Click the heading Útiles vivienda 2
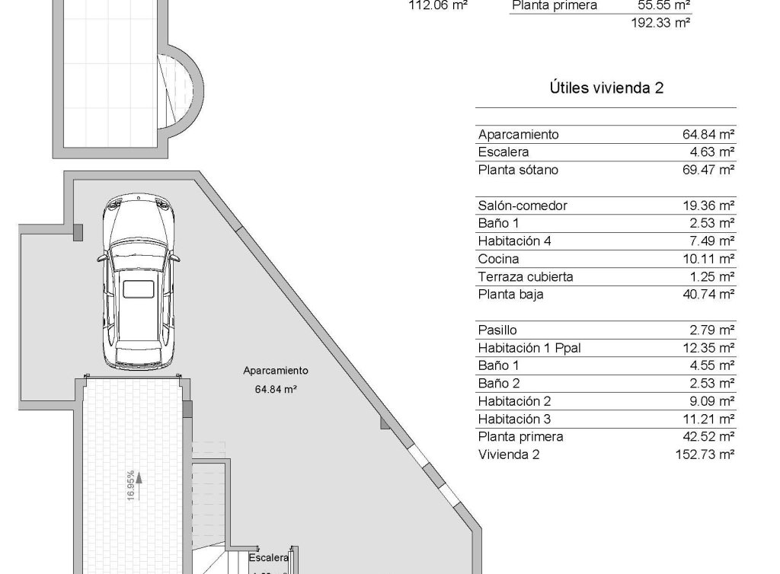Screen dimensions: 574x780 pyautogui.click(x=606, y=88)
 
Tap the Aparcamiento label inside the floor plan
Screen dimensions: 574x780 pyautogui.click(x=275, y=371)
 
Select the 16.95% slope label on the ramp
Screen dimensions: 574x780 pyautogui.click(x=131, y=484)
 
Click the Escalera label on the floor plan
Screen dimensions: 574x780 pyautogui.click(x=269, y=557)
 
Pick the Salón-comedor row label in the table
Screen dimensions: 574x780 pyautogui.click(x=523, y=206)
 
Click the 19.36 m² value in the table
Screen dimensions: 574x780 pyautogui.click(x=708, y=206)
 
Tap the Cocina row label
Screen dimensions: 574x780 pyautogui.click(x=499, y=259)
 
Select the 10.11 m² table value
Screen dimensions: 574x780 pyautogui.click(x=708, y=259)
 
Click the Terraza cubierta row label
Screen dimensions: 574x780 pyautogui.click(x=526, y=276)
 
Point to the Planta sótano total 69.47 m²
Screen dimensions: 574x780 pyautogui.click(x=708, y=170)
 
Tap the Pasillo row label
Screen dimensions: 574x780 pyautogui.click(x=497, y=330)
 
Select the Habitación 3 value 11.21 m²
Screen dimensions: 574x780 pyautogui.click(x=708, y=419)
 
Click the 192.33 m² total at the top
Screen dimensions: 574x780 pyautogui.click(x=660, y=23)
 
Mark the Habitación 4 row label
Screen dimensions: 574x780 pyautogui.click(x=514, y=241)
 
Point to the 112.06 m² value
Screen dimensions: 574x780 pyautogui.click(x=438, y=5)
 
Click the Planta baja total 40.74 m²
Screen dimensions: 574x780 pyautogui.click(x=708, y=295)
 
